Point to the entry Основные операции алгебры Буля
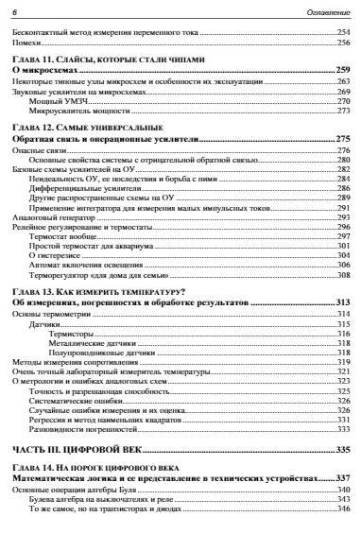point(72,491)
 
